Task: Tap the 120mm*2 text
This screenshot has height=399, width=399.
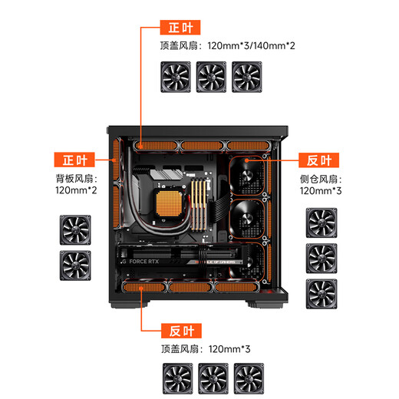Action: click(75, 190)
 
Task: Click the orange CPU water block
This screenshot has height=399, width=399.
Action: click(168, 203)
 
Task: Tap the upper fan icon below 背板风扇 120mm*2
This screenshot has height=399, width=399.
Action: click(75, 229)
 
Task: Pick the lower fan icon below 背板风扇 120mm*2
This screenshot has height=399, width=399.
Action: click(75, 264)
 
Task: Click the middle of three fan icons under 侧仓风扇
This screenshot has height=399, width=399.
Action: click(321, 258)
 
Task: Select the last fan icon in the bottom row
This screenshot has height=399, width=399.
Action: click(249, 378)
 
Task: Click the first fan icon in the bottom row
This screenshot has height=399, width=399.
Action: click(177, 378)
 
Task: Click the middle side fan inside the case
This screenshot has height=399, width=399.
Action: click(250, 218)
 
